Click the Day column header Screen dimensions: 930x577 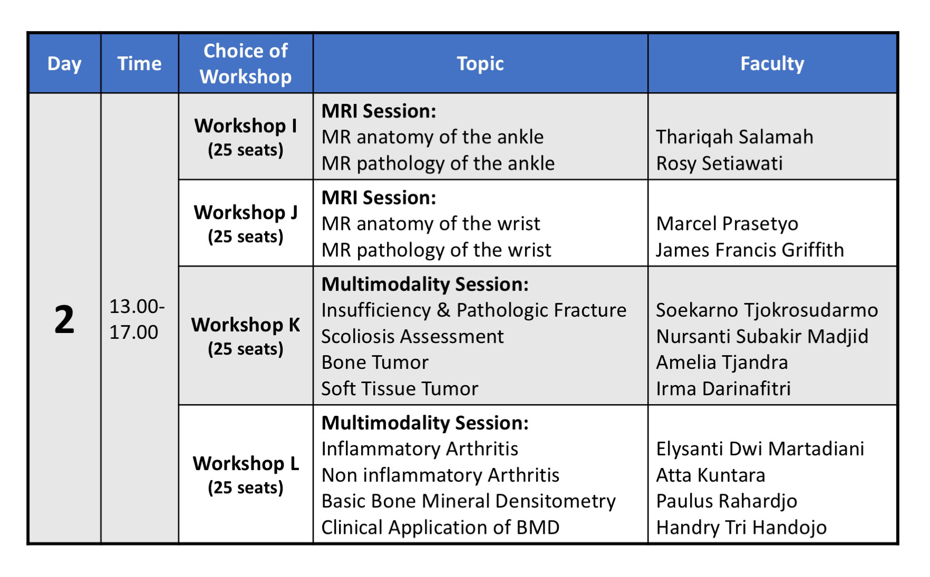point(64,64)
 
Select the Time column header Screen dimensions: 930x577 point(139,64)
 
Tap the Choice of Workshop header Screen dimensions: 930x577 point(246,64)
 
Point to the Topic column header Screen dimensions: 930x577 point(480,64)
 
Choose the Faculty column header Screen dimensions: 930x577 point(772,64)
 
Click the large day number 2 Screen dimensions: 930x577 point(64,319)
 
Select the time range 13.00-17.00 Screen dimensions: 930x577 point(137,319)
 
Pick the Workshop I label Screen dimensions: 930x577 point(246,126)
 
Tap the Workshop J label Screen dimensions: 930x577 point(246,212)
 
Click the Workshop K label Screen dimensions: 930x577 point(246,325)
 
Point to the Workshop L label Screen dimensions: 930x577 point(246,464)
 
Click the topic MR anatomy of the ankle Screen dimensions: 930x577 point(432,137)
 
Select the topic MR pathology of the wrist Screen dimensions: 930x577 point(437,250)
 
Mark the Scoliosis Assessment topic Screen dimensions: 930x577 point(413,336)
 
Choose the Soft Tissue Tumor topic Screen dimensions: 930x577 point(400,389)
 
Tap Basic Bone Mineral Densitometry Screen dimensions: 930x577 point(469,501)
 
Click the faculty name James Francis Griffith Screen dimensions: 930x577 point(750,250)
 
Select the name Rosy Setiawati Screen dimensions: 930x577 point(720,163)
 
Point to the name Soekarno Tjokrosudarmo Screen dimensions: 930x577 point(767,310)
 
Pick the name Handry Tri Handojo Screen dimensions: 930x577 point(741,527)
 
